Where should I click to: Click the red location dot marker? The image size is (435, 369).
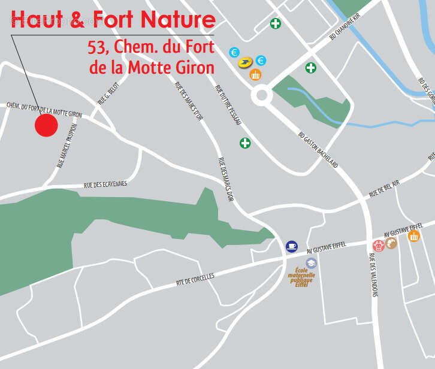(46, 125)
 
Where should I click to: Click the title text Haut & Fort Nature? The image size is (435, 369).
(113, 20)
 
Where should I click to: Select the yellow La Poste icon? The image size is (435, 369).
(245, 62)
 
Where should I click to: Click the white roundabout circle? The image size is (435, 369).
(261, 94)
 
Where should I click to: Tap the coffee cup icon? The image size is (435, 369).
(292, 246)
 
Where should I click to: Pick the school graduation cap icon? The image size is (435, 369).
(311, 262)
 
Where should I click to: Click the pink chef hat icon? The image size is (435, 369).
(378, 245)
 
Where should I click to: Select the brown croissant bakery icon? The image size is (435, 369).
(391, 243)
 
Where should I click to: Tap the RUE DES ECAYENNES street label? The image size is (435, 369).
(105, 184)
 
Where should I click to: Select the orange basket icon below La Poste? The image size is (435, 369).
(255, 75)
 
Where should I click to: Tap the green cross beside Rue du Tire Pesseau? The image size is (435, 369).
(245, 143)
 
